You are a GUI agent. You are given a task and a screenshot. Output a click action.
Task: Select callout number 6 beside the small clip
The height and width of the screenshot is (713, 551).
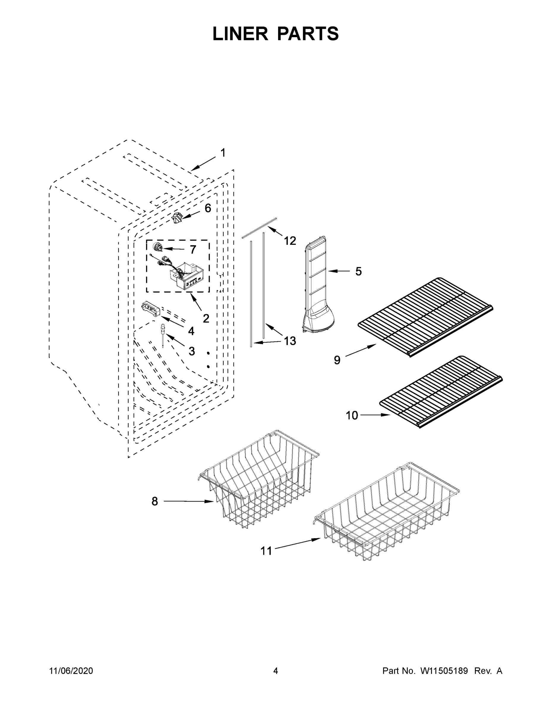pos(208,208)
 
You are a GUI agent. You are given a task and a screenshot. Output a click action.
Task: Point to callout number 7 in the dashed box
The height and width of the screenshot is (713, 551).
pos(193,250)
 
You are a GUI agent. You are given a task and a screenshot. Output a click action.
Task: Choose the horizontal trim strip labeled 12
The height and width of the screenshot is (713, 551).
pos(260,227)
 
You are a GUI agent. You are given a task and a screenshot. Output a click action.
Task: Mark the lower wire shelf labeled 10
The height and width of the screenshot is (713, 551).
pos(441,392)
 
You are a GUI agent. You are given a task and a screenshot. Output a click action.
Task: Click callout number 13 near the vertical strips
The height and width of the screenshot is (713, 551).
pos(290,341)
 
